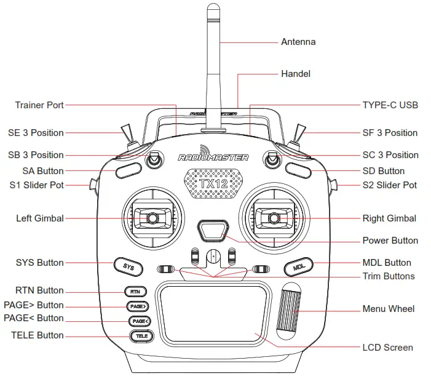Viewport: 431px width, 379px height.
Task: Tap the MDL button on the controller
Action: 299,268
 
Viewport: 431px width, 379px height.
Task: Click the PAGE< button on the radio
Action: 139,321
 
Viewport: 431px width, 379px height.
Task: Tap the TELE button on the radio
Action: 141,336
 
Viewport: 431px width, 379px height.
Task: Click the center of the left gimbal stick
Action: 151,218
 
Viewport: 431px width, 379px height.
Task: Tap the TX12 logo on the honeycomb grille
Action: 213,184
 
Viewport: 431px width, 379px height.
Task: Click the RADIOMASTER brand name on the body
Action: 213,158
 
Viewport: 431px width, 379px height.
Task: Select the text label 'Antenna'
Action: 298,42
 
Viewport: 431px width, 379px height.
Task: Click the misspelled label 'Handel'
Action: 296,74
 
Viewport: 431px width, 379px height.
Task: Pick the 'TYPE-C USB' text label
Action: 390,105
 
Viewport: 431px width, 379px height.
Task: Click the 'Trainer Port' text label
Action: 39,105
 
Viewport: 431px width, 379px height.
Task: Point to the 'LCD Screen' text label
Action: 387,348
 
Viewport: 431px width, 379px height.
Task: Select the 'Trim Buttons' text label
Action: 389,276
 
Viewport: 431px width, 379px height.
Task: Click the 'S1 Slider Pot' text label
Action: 36,185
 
